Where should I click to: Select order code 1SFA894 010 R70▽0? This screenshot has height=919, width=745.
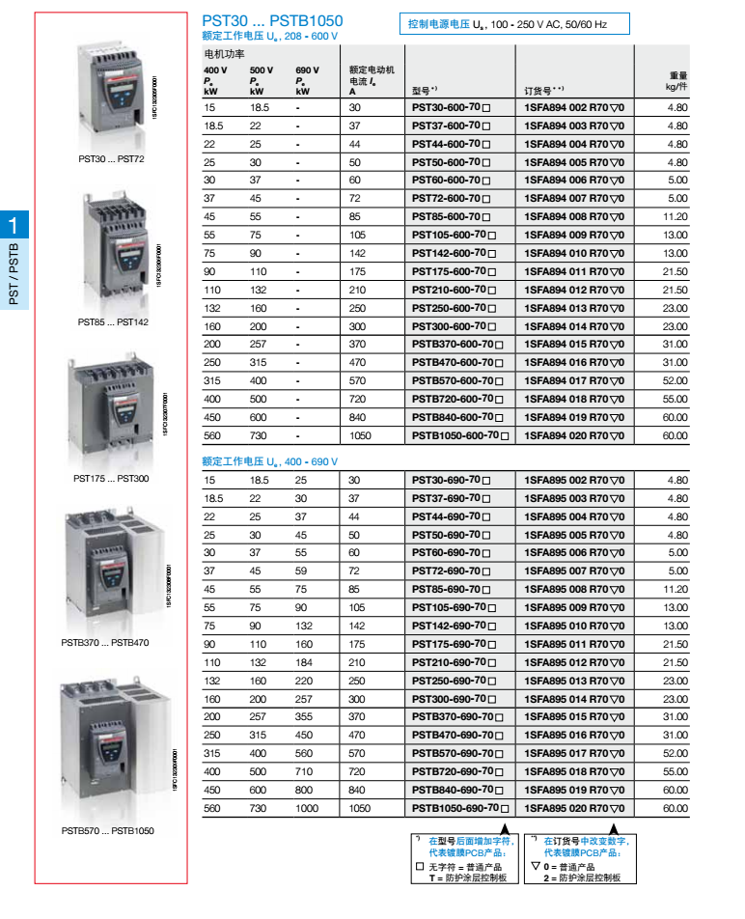point(574,253)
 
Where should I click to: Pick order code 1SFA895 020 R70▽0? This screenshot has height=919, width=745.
point(574,808)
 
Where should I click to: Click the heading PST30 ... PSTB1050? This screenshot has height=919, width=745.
point(272,20)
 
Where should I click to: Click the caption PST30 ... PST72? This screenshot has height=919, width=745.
point(110,158)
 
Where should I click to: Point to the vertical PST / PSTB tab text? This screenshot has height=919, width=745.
point(14,275)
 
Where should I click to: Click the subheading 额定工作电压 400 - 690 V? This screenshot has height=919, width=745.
point(269,461)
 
